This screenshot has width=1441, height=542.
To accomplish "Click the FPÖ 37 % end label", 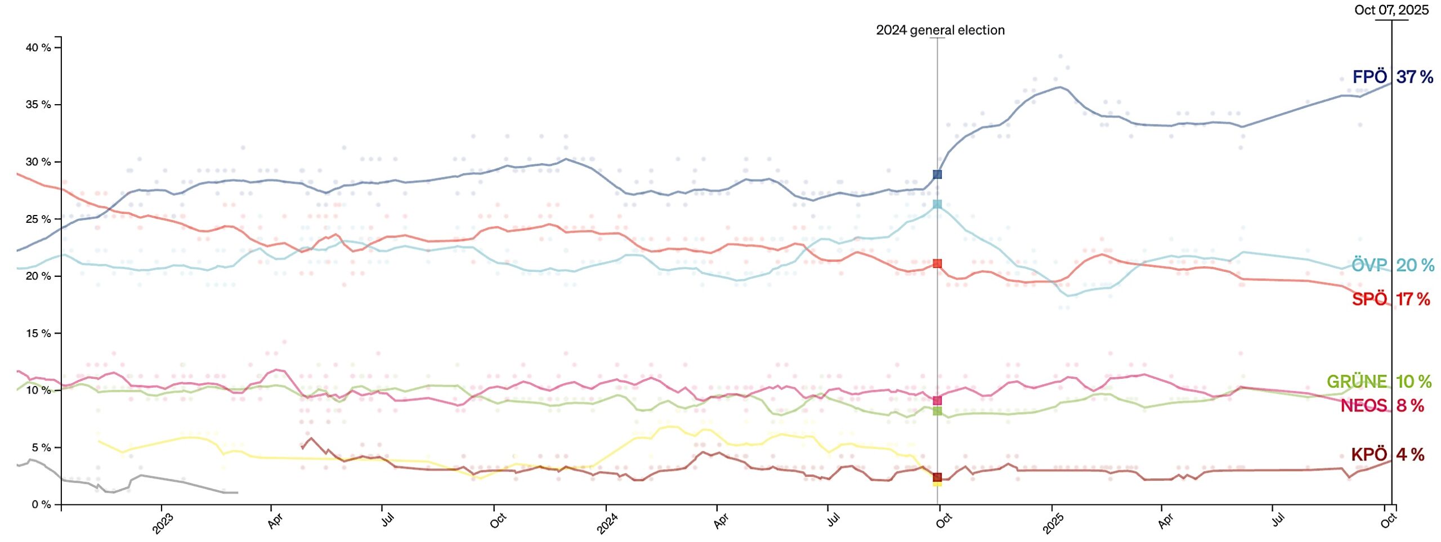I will [1393, 77].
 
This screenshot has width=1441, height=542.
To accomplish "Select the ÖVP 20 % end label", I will [1393, 265].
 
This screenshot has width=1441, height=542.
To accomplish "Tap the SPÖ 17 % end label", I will [1390, 299].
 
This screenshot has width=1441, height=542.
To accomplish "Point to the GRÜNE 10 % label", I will [1379, 382].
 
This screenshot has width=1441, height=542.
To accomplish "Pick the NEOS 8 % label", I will [1382, 405].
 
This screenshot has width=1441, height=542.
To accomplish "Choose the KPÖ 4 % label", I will [1388, 454].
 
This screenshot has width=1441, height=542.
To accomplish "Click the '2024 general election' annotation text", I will [940, 30].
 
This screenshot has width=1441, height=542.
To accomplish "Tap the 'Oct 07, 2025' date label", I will [1391, 10].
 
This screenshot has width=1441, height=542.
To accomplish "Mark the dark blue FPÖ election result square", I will [937, 174].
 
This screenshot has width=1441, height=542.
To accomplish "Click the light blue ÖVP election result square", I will [937, 204].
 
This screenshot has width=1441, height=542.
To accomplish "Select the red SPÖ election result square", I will [937, 263].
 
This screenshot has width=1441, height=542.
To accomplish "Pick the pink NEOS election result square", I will [937, 400].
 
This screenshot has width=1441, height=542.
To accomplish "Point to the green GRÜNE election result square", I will [937, 411].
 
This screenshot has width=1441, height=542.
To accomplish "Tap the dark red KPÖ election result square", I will [937, 477].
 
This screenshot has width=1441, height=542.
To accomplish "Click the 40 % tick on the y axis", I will [38, 48].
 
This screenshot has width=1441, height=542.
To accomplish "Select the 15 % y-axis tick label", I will [38, 333].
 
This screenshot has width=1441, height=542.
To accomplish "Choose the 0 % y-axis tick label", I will [41, 504].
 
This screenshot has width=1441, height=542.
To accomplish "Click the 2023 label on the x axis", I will [163, 524].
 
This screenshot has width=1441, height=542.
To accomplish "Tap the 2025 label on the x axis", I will [1053, 524].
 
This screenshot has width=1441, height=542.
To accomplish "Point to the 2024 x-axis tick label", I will [607, 524].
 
